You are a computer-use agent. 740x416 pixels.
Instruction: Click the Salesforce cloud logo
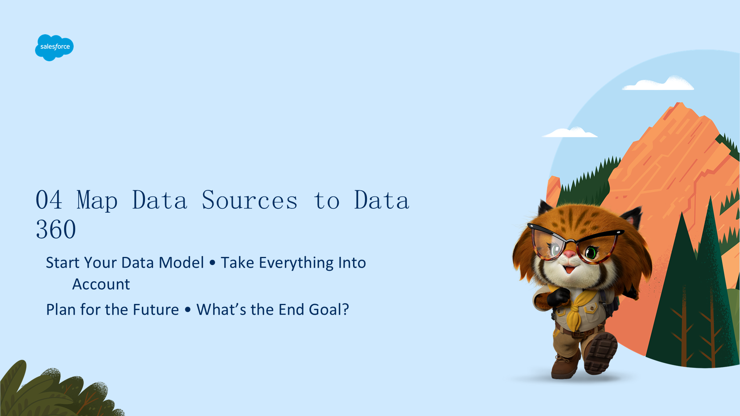(54, 47)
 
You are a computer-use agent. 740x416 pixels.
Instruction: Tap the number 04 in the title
(49, 200)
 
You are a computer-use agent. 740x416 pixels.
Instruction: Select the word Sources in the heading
(250, 200)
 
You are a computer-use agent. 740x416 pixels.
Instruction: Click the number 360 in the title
(56, 230)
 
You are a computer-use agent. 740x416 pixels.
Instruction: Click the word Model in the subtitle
(181, 263)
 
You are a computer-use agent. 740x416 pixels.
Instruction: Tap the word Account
(101, 284)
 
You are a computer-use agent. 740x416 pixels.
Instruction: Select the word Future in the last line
(156, 310)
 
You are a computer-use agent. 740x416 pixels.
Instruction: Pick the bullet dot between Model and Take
(212, 263)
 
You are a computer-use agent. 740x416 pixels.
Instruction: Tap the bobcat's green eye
(591, 253)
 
